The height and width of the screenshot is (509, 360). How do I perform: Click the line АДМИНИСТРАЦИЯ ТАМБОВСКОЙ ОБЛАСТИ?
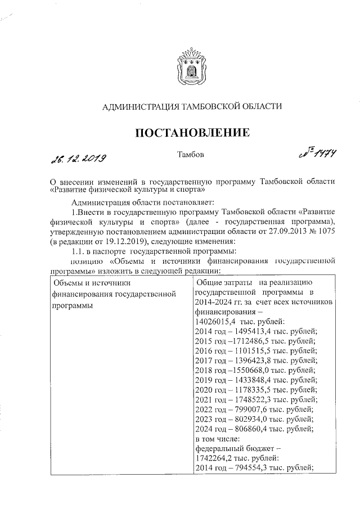190,106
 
